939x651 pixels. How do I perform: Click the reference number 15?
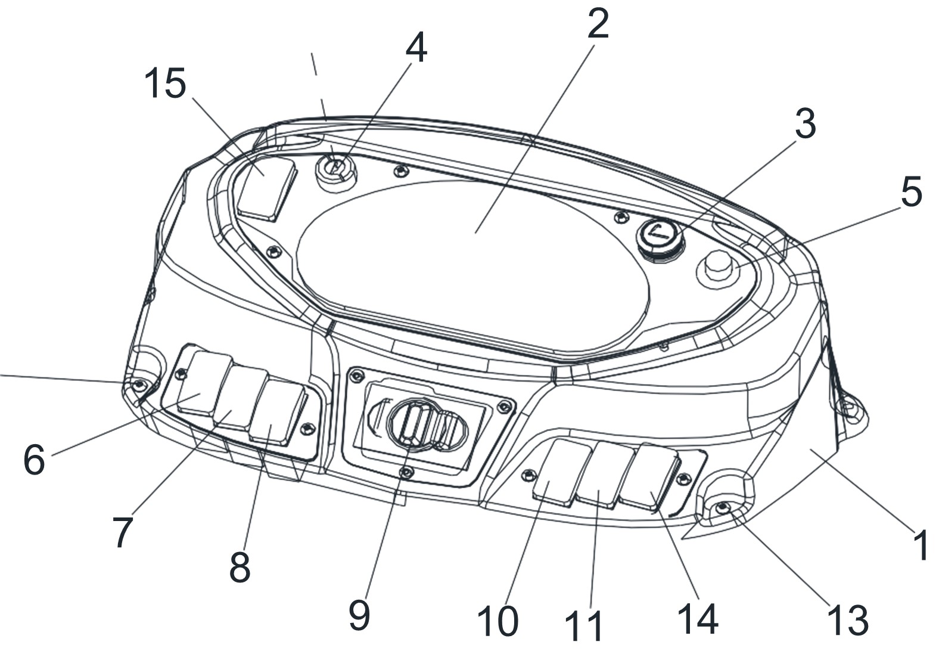(165, 83)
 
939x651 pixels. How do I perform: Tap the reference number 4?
(416, 48)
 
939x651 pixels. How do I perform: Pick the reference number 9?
(359, 615)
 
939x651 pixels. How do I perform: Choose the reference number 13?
(848, 620)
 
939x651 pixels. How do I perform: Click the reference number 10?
(498, 621)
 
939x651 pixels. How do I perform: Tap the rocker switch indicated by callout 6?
(204, 385)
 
